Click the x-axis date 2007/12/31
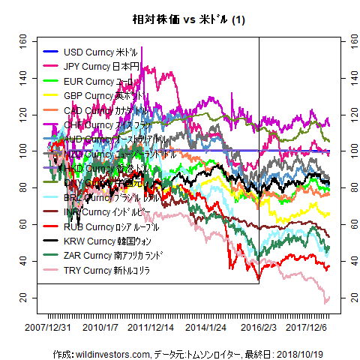click(x=48, y=328)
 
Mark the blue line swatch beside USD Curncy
click(x=50, y=52)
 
